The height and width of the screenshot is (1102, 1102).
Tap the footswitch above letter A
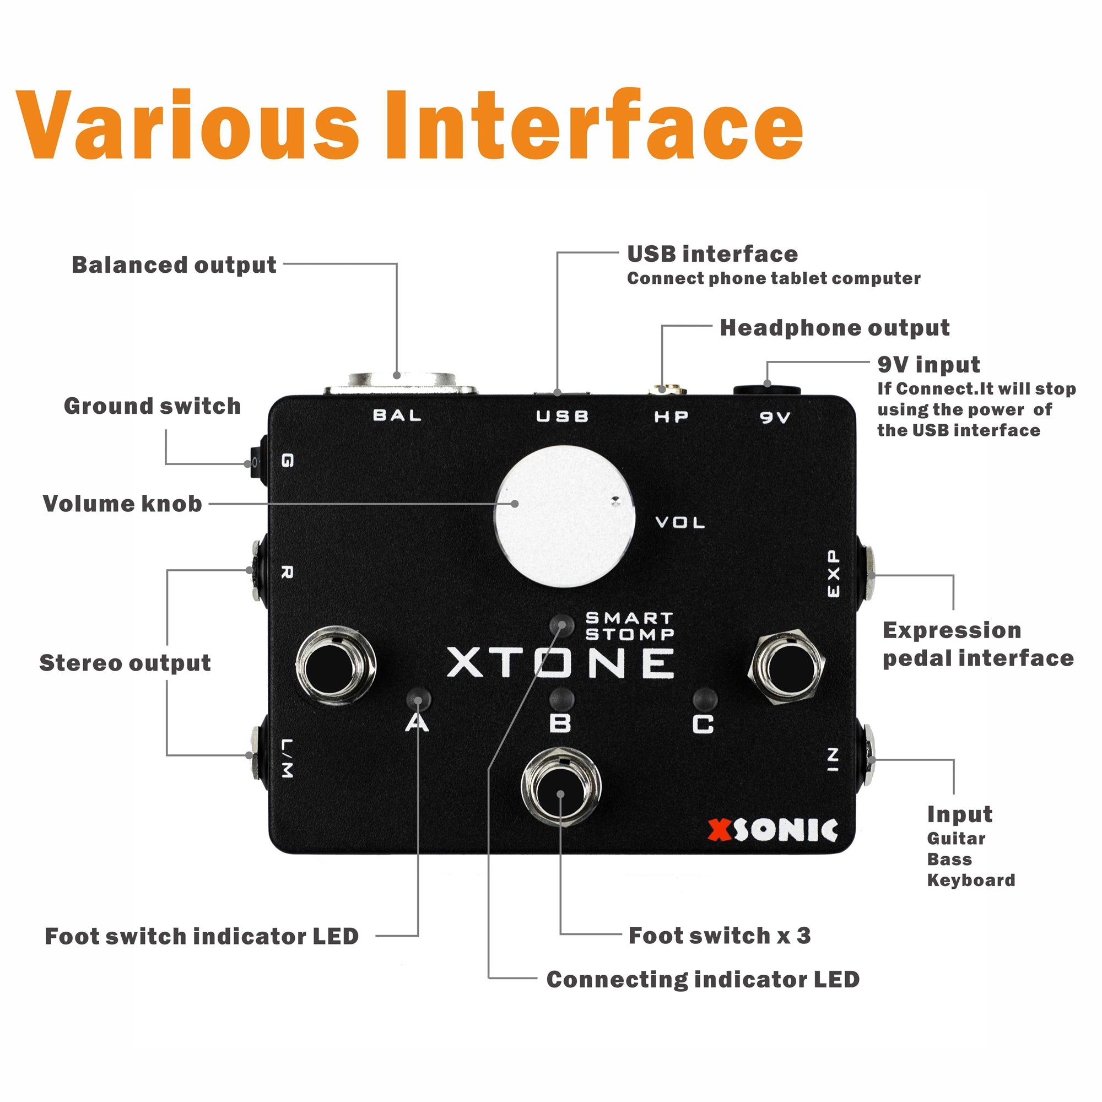click(x=336, y=665)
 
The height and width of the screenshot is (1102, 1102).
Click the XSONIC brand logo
click(x=773, y=830)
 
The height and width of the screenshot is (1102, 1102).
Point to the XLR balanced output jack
click(x=400, y=383)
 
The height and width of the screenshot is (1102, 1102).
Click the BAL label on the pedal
click(x=398, y=415)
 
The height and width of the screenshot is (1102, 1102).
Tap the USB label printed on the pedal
click(x=563, y=417)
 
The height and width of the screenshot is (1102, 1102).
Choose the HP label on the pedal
click(x=671, y=417)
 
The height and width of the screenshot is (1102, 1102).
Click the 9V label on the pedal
click(x=775, y=418)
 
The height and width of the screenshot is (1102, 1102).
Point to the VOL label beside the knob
click(x=680, y=522)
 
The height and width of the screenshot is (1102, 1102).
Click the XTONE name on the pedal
click(x=561, y=663)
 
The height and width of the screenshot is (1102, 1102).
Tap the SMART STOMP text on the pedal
click(x=630, y=626)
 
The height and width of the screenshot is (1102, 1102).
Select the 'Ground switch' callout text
click(x=152, y=406)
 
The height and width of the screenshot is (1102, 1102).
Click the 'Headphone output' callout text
click(x=834, y=328)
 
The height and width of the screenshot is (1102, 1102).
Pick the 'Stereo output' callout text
click(x=125, y=663)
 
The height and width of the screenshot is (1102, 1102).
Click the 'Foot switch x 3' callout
click(x=719, y=936)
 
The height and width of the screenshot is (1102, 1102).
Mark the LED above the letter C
click(x=704, y=698)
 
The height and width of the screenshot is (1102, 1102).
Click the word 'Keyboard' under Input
click(x=971, y=880)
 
